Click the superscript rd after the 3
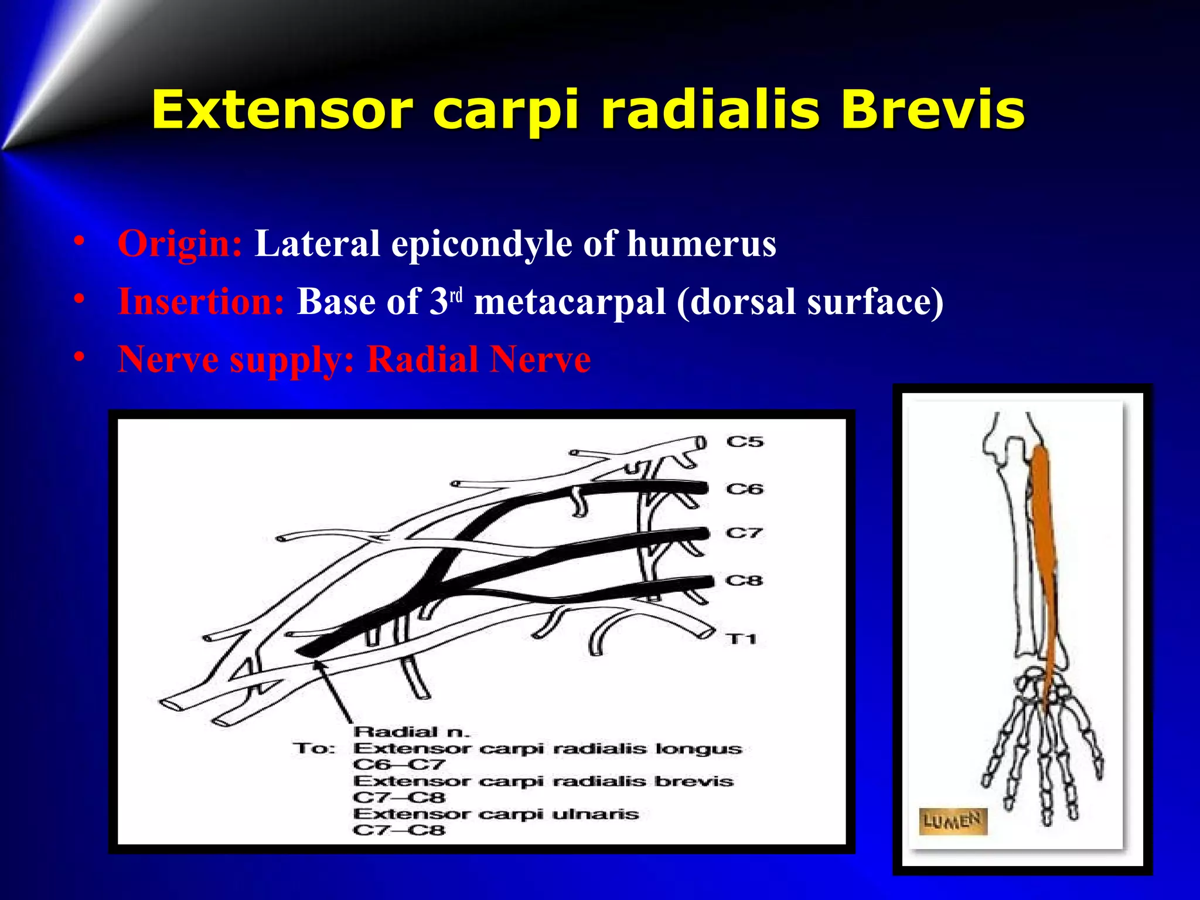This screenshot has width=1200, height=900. coord(456,295)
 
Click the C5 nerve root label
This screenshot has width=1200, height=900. coord(745,442)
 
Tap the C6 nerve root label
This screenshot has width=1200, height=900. coord(745,489)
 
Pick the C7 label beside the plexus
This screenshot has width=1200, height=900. coord(745,533)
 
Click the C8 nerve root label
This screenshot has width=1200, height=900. coord(745,581)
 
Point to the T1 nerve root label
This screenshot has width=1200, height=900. coord(741,639)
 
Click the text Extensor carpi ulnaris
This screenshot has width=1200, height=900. coord(496,814)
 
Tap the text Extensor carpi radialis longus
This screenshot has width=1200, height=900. coord(547,748)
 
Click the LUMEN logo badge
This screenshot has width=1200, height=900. coord(952,820)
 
